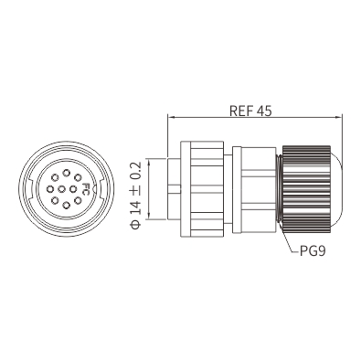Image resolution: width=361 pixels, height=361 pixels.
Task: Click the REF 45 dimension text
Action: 250,111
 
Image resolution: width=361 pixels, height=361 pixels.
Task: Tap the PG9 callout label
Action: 313,251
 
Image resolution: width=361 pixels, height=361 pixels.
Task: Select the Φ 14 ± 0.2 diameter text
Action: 136,195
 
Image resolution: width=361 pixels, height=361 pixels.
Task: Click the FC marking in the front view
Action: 86,189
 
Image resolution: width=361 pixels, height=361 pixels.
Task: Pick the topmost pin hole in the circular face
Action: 66,173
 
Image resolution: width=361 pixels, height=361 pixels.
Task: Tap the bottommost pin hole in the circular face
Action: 66,206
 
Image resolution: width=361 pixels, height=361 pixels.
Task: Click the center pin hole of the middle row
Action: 61,189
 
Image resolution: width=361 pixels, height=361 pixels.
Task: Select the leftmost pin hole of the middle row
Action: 50,189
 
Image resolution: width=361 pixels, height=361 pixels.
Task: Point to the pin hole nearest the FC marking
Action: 73,189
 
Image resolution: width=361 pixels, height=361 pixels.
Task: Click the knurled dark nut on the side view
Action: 306,189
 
